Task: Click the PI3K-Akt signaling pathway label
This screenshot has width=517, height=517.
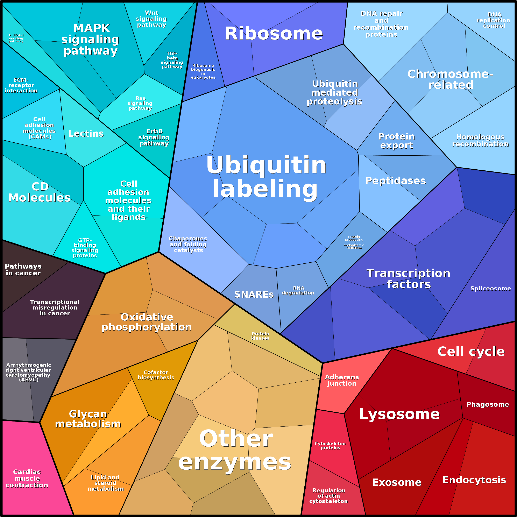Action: (16, 38)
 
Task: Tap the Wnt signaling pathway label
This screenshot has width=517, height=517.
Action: (151, 19)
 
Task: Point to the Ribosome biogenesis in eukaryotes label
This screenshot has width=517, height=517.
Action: (203, 71)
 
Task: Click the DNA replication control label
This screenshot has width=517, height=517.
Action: (494, 20)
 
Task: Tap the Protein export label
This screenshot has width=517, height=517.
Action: (397, 141)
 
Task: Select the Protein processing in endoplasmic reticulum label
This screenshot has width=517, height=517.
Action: (354, 242)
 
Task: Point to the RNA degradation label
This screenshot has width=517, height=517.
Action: (298, 290)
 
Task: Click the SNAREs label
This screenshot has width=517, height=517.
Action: (254, 294)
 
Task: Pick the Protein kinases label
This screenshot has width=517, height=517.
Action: (260, 336)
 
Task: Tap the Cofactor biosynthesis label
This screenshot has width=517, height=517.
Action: (156, 375)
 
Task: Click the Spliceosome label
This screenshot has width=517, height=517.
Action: (490, 289)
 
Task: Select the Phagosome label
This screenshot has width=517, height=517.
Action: (488, 404)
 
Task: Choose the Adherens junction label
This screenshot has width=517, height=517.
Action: (342, 380)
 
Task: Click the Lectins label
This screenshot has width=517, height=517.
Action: (86, 134)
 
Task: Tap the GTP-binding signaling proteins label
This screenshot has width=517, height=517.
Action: (85, 248)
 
